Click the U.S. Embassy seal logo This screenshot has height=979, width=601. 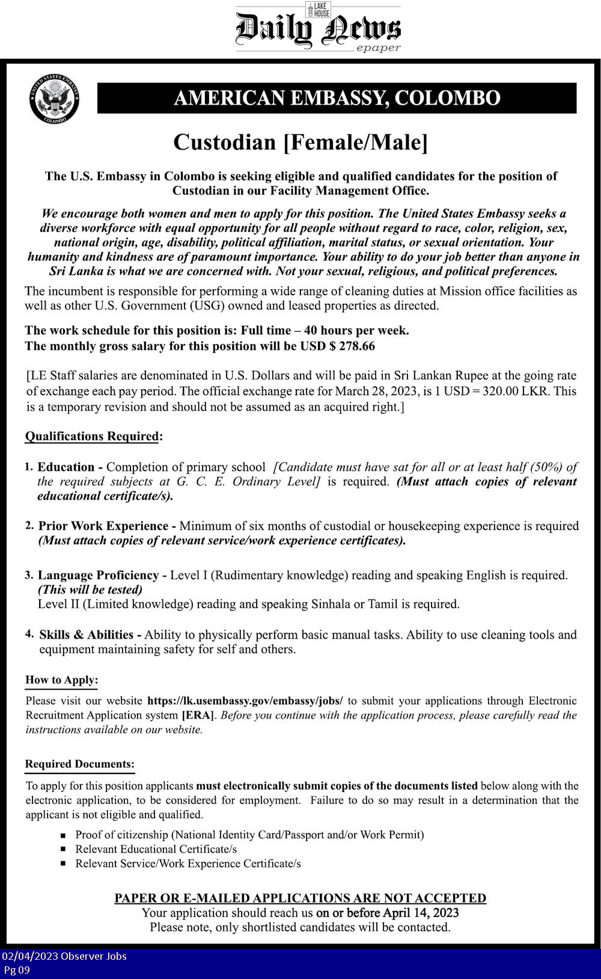[54, 99]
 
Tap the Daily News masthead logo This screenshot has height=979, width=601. [318, 28]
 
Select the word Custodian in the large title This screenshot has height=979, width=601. [225, 143]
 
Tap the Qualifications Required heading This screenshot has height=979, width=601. [92, 437]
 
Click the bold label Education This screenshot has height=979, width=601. [66, 467]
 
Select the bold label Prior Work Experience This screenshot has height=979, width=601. [103, 526]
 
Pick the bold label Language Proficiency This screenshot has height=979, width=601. [98, 575]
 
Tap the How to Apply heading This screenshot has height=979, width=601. [61, 680]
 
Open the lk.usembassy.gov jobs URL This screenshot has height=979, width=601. [245, 701]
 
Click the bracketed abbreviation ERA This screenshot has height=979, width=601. [198, 715]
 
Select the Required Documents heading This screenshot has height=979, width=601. [79, 764]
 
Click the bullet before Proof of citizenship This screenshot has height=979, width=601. [63, 835]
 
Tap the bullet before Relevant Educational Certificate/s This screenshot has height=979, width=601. [63, 850]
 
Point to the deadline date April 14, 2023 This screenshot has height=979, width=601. [421, 913]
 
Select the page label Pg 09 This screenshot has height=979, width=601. [17, 969]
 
